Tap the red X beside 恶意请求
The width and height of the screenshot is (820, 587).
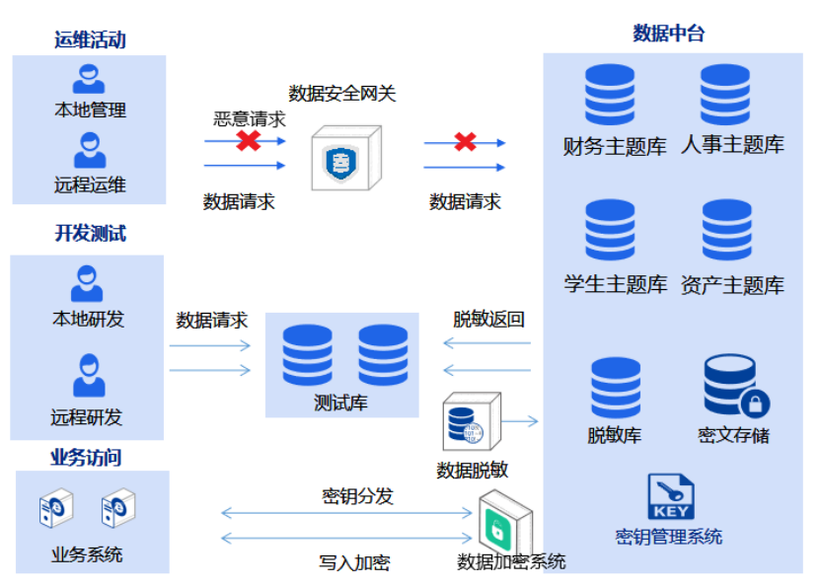(x=248, y=140)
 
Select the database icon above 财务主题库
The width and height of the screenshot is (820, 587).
(x=610, y=95)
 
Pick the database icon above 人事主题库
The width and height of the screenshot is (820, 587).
(x=726, y=95)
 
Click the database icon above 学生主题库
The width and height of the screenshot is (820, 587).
(x=610, y=230)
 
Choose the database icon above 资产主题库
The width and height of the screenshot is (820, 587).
(x=727, y=230)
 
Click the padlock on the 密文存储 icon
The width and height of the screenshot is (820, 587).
(x=755, y=403)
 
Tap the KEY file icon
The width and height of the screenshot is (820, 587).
(x=670, y=497)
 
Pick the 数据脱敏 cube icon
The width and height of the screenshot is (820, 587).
(x=471, y=422)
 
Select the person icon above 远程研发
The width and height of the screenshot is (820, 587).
(x=89, y=377)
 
